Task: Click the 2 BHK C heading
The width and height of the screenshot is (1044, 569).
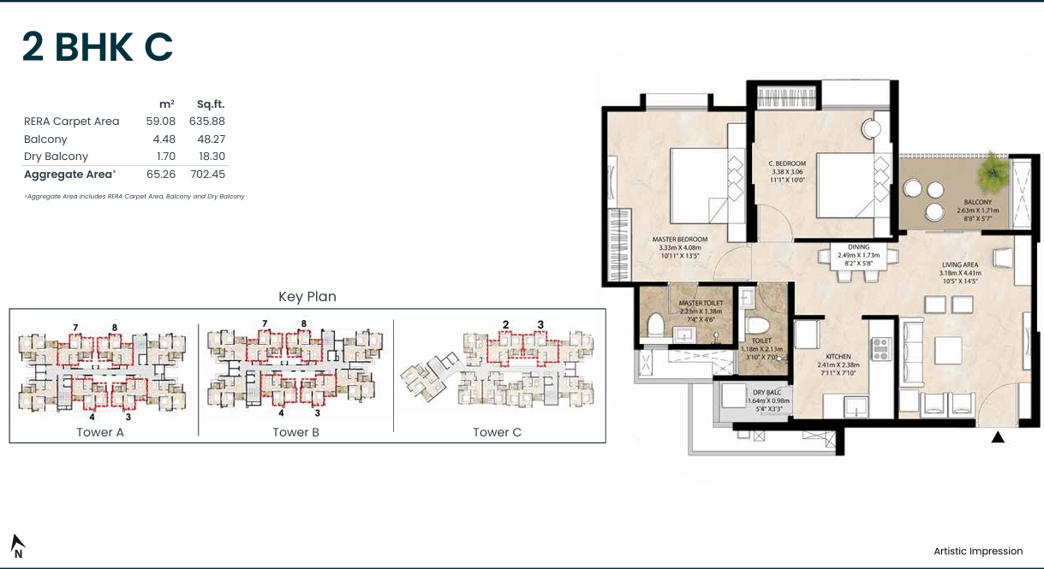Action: [98, 48]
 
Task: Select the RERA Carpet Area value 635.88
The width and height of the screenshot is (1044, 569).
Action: [206, 122]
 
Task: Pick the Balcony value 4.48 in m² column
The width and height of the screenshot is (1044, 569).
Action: [160, 139]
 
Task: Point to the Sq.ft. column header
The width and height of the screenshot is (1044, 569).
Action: [210, 104]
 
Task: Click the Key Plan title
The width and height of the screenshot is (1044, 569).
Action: [307, 297]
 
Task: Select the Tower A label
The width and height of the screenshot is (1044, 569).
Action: [100, 432]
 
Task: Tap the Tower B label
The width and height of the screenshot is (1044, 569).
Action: [295, 432]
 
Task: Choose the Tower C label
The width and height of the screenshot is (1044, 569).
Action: [497, 432]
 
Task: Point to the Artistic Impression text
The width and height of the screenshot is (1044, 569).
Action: [978, 551]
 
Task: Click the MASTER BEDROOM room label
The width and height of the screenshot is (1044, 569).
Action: [679, 239]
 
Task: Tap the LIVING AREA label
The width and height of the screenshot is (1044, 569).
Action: [959, 265]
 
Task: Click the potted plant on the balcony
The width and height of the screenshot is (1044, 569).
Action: [993, 169]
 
